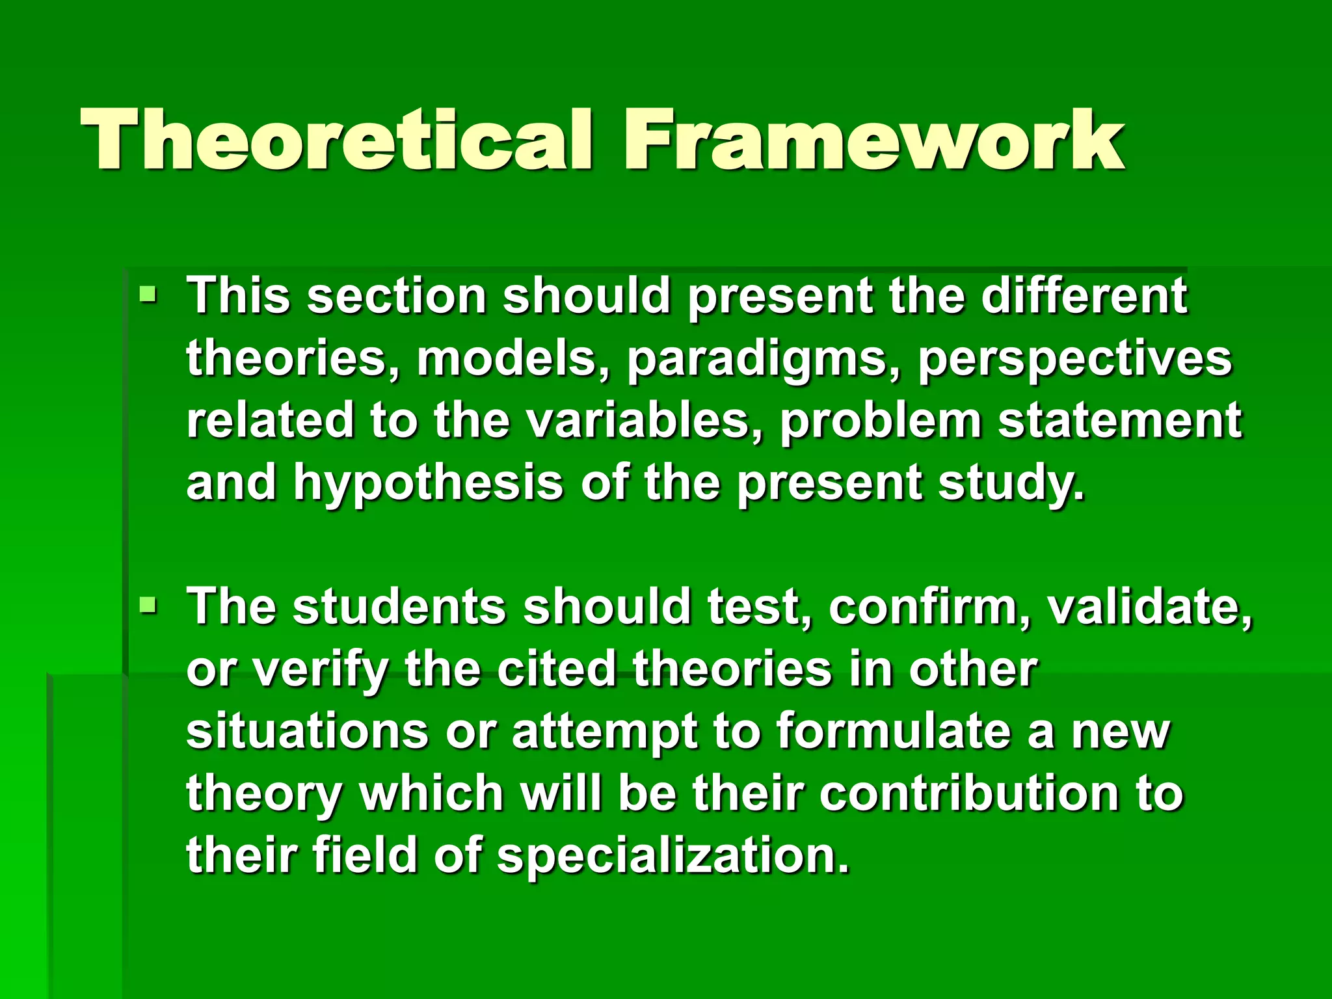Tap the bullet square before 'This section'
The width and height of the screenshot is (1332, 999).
point(148,297)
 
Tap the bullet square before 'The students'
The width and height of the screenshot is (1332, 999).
point(148,607)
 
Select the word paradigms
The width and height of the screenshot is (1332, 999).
point(758,360)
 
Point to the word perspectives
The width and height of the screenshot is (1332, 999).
point(1074,360)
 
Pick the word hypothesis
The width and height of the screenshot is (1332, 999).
point(428,483)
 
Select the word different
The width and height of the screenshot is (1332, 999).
point(1084,297)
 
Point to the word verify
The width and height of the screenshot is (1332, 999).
point(320,671)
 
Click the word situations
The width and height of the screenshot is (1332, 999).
point(307,732)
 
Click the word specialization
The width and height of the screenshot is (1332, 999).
point(673,857)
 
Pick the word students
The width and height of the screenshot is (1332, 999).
point(399,607)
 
